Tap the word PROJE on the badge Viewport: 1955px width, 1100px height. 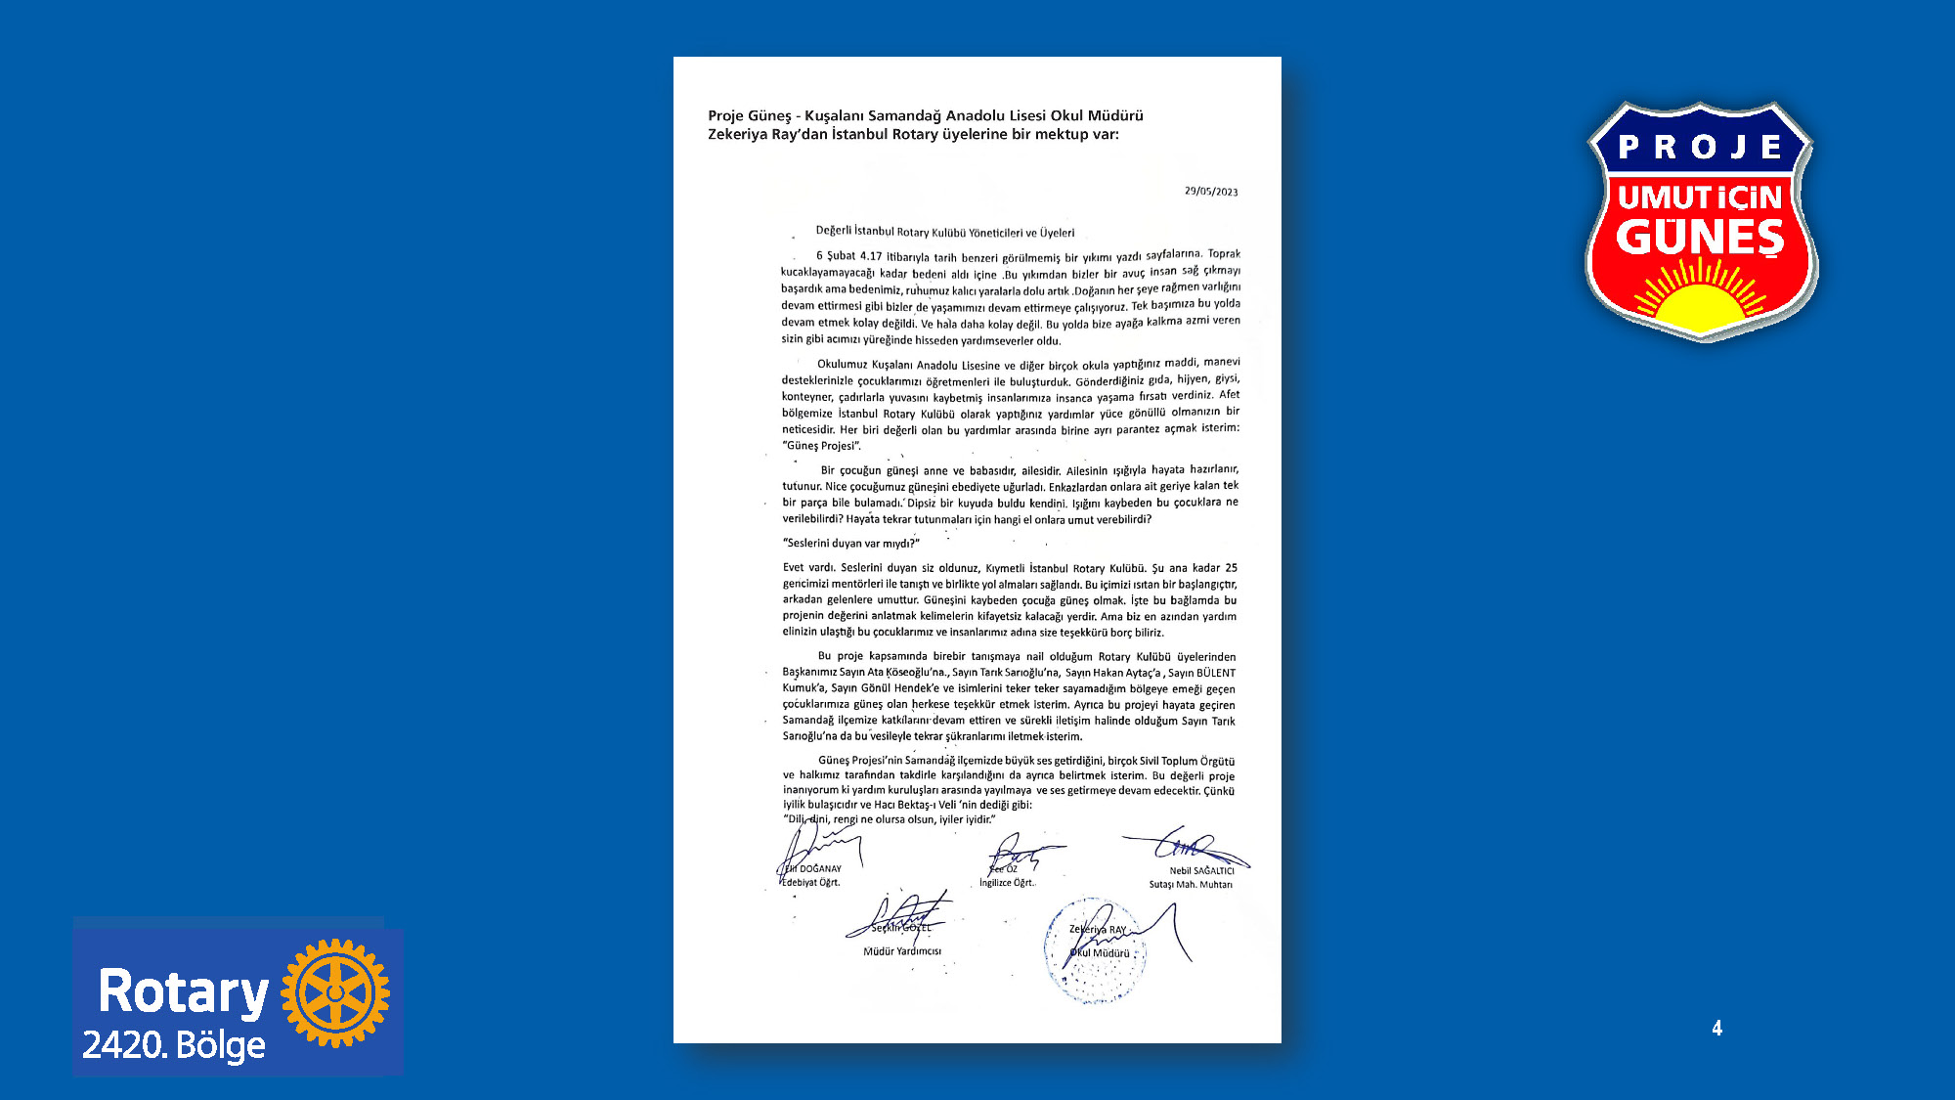(1700, 147)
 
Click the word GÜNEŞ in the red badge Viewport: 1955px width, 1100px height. (1700, 237)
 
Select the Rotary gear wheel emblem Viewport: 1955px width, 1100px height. (335, 992)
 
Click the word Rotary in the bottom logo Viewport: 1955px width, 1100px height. (183, 991)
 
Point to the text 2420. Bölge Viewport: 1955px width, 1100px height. (174, 1045)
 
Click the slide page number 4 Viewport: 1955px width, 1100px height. (1716, 1028)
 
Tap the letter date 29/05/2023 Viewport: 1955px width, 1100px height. (1211, 192)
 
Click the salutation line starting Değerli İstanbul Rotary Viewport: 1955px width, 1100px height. (944, 233)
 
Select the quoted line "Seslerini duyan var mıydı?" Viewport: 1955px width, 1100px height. (851, 543)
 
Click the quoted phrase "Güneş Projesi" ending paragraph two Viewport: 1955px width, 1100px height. (821, 446)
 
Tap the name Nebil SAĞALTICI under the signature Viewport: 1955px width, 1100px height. (1201, 870)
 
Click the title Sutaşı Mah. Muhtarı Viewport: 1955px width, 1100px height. (1190, 885)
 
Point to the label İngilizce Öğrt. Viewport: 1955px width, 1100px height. (1007, 883)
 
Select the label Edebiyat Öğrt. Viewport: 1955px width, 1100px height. (810, 882)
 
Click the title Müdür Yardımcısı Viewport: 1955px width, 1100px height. (901, 951)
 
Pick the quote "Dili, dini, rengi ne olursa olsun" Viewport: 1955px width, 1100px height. (890, 819)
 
